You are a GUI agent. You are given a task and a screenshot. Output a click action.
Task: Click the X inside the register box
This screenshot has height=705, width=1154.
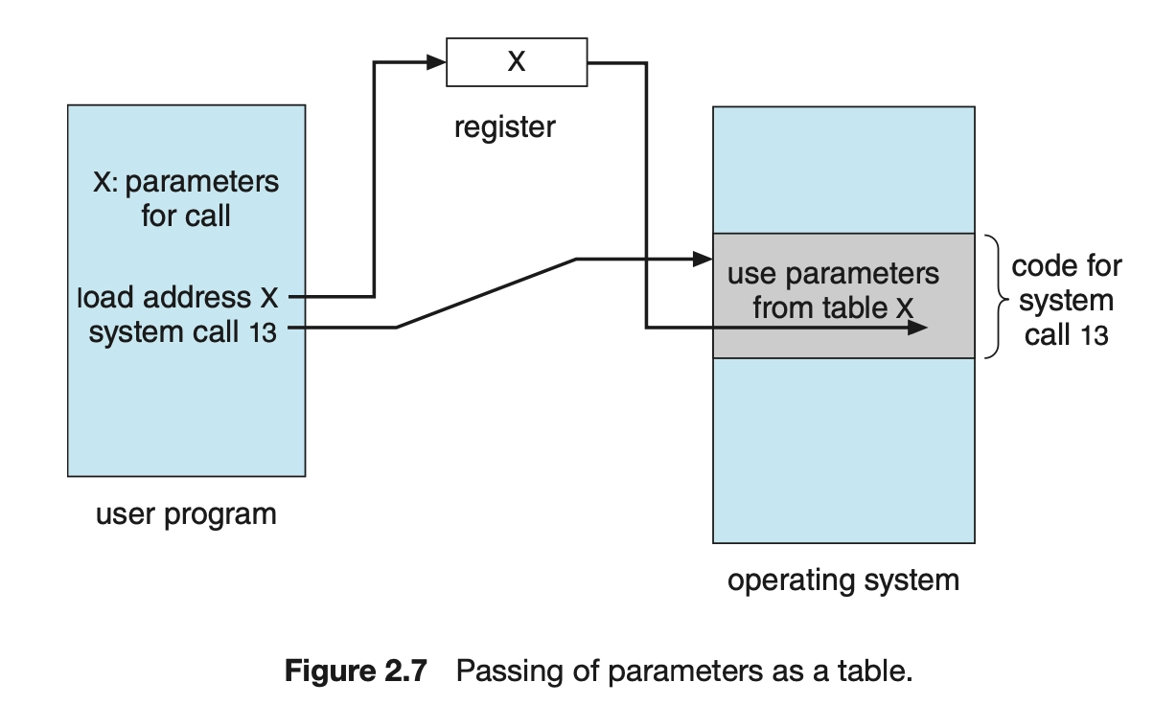(x=517, y=61)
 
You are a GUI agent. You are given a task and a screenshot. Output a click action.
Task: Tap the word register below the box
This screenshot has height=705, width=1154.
(x=505, y=127)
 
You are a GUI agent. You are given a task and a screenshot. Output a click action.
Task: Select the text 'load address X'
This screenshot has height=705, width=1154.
(x=177, y=297)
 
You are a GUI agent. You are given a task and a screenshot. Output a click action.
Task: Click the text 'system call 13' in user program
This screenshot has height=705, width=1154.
(x=183, y=331)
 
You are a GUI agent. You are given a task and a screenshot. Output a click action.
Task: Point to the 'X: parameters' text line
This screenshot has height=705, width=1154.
(x=186, y=182)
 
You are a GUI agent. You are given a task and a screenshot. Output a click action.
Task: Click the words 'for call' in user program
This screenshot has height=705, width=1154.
(x=186, y=216)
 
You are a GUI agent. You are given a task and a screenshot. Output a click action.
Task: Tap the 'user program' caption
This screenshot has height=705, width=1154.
(x=186, y=514)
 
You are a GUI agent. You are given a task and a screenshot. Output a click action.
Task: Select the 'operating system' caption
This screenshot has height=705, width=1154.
(x=843, y=580)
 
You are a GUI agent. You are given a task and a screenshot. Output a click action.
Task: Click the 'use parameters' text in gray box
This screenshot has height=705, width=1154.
(x=833, y=275)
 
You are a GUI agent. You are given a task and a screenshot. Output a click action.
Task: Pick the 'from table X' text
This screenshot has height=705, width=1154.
(x=833, y=307)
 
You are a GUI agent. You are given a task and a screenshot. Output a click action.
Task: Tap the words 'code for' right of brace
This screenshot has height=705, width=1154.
(x=1067, y=266)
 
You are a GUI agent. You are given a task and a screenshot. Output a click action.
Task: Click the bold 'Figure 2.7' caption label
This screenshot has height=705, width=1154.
(x=356, y=671)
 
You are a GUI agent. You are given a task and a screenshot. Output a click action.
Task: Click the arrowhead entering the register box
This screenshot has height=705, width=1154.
(x=436, y=62)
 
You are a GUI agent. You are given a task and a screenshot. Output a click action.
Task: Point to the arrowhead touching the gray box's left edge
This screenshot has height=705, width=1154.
(x=703, y=259)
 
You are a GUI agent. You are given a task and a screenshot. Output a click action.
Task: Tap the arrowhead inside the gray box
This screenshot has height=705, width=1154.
(x=917, y=328)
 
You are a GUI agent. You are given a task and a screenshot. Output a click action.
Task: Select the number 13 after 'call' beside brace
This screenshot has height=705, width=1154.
(x=1095, y=335)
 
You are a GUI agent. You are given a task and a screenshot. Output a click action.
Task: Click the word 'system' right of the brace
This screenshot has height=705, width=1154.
(x=1067, y=301)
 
